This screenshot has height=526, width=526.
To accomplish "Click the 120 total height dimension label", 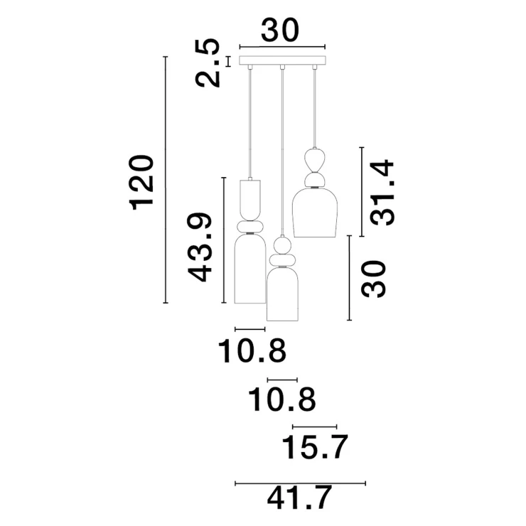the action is point(141,183).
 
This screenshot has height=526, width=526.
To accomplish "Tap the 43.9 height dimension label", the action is point(200,247).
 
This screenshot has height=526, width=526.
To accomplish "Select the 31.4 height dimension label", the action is point(382,193).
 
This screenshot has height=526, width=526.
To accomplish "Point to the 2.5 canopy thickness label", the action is point(208,63).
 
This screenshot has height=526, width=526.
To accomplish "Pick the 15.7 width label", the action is point(315,447).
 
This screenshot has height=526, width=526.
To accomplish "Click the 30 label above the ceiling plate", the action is point(279,30).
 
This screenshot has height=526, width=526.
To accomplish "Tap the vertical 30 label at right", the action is point(373,279).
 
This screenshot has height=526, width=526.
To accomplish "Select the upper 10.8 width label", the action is point(252,351).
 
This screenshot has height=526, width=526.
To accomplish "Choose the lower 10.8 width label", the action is point(281,399).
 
